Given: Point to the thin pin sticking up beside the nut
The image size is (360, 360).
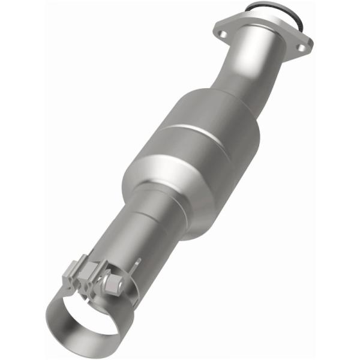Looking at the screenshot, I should click(x=139, y=264).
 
